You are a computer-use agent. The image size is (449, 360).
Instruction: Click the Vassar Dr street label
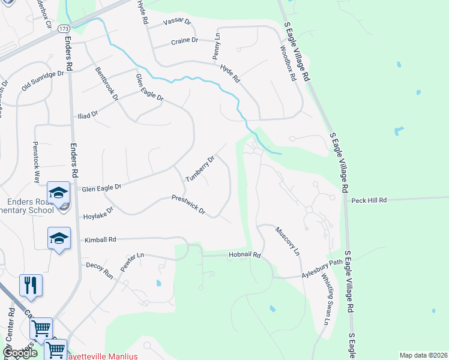[x=178, y=22]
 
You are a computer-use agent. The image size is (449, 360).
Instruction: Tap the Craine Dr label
[x=184, y=41]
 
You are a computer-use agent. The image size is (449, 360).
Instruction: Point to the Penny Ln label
[x=216, y=47]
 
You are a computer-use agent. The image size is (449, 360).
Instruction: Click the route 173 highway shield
[x=64, y=29]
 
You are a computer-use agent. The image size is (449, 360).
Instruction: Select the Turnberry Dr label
[x=200, y=169]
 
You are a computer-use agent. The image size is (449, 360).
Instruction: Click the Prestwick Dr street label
[x=188, y=205]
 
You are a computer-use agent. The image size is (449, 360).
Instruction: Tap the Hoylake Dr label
[x=98, y=214]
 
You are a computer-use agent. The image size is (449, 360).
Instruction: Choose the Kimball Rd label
[x=100, y=240]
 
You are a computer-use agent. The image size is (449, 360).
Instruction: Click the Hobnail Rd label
[x=244, y=255]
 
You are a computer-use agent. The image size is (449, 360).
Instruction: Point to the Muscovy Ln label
[x=288, y=241]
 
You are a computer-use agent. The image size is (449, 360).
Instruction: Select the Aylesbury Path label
[x=321, y=271]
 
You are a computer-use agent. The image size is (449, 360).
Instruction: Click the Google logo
[x=20, y=352]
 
